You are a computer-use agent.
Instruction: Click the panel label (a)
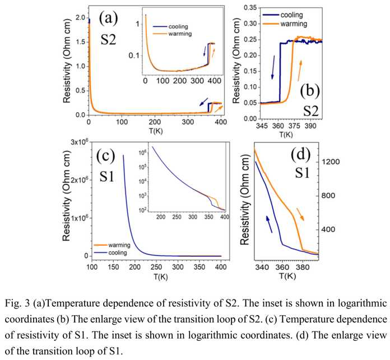pyautogui.click(x=109, y=19)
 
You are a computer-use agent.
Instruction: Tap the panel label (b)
pyautogui.click(x=310, y=91)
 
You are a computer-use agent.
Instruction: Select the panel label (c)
pyautogui.click(x=106, y=156)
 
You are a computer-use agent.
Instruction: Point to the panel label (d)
pyautogui.click(x=301, y=154)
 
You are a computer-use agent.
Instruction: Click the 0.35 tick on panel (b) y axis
pyautogui.click(x=250, y=8)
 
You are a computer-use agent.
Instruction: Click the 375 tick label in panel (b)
pyautogui.click(x=294, y=126)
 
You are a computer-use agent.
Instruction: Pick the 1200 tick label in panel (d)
pyautogui.click(x=331, y=162)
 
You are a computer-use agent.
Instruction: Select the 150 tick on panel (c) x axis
pyautogui.click(x=113, y=267)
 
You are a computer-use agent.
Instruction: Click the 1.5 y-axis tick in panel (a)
pyautogui.click(x=80, y=42)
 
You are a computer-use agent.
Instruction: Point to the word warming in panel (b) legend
pyautogui.click(x=294, y=24)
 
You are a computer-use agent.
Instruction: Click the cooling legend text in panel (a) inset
pyautogui.click(x=178, y=26)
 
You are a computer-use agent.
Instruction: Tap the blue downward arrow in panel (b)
pyautogui.click(x=273, y=67)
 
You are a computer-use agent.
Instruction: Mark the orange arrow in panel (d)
pyautogui.click(x=300, y=214)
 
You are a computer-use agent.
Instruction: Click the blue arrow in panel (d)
pyautogui.click(x=269, y=224)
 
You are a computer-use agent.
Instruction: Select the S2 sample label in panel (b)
pyautogui.click(x=310, y=111)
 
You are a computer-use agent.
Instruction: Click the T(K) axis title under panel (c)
pyautogui.click(x=161, y=276)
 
